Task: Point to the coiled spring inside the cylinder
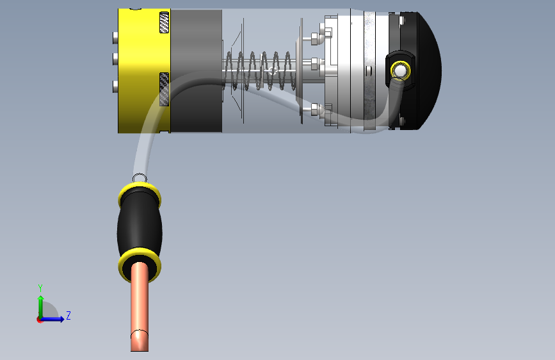pos(261,71)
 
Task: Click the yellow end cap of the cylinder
pos(144,71)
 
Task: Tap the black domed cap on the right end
pos(421,71)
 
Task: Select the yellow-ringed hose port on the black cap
pos(400,70)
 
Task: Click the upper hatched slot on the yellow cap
pos(165,22)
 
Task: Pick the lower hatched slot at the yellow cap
pos(165,89)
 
